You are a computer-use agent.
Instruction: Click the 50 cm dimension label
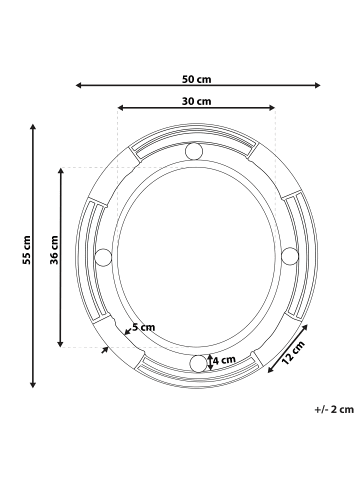tap(196, 79)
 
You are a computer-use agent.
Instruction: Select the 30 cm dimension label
tap(196, 101)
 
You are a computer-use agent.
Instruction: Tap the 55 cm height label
tap(26, 250)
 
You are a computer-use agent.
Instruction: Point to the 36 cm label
tap(54, 250)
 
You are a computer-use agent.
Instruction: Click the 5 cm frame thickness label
tap(144, 327)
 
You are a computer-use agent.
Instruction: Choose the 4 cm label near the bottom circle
tap(224, 360)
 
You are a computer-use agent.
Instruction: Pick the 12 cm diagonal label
tap(293, 353)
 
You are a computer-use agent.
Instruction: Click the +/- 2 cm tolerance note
tap(334, 409)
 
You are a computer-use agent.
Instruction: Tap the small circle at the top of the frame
tap(194, 151)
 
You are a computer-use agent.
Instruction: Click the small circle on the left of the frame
tap(103, 257)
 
